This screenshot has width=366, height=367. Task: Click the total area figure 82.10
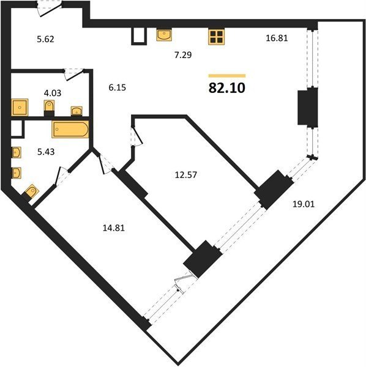point(226,88)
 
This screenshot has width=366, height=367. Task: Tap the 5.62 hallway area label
point(45,39)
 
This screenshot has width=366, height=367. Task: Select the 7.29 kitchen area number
point(183,55)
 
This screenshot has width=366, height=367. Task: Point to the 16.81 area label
point(277,38)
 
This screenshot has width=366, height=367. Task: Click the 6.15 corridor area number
point(118,87)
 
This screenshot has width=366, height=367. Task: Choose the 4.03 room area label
point(53,93)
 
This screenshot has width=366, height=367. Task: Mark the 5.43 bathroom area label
point(46,152)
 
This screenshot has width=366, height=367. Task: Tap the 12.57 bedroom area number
point(186,175)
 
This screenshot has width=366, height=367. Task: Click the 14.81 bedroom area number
point(114,228)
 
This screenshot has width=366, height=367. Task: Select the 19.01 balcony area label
point(304,204)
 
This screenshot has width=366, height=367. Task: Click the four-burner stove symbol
point(217,37)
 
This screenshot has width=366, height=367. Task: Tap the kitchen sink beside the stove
point(164,35)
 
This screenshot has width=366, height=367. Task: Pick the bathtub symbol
point(70,129)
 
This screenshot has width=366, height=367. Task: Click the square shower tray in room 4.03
point(20,107)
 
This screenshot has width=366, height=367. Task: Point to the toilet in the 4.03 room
point(49,108)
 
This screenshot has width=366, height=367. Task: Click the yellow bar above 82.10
point(227,76)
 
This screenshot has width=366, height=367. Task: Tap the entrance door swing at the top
point(50,9)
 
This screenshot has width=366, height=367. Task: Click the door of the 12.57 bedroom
point(136,136)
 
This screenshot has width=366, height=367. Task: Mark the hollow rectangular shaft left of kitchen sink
point(139,36)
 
